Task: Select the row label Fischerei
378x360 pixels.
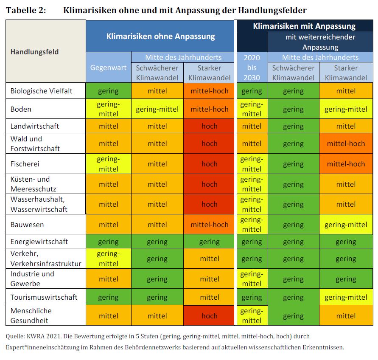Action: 25,164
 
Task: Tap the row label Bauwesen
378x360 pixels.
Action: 27,225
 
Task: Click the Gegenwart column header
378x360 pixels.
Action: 108,67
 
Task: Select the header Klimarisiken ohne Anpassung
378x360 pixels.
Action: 160,36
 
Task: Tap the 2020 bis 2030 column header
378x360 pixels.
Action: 252,67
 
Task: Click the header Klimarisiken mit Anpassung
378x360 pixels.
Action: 304,26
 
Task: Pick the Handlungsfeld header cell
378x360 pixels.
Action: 34,52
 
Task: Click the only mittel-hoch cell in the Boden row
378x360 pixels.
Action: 210,109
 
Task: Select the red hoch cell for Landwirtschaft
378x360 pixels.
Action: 210,126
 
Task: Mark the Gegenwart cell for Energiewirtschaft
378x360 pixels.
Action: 108,242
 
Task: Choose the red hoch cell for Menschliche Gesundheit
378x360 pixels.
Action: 210,316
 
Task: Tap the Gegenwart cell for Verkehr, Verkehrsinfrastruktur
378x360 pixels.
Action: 108,259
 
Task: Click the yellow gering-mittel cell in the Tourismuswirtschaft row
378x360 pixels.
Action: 346,297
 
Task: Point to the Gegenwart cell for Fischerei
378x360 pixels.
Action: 108,164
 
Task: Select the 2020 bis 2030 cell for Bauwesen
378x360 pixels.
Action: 252,225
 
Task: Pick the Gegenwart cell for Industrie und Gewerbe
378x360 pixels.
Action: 108,279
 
